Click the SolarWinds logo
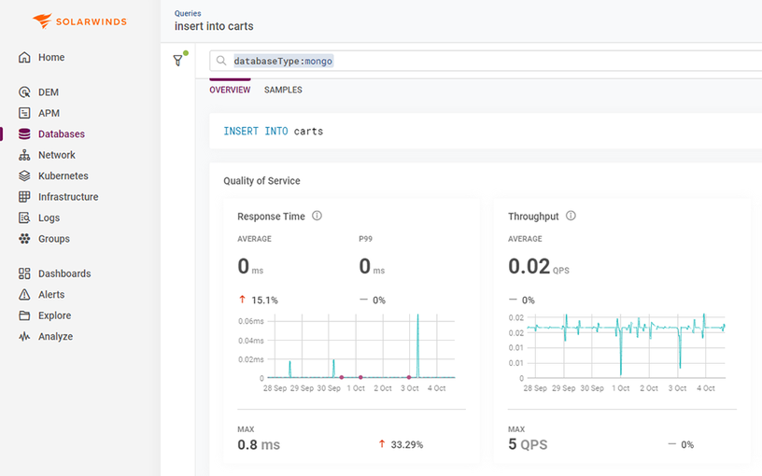click(79, 21)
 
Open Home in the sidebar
click(50, 57)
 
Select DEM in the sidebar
click(48, 92)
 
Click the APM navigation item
click(49, 113)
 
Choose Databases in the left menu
click(61, 134)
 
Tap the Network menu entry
click(56, 155)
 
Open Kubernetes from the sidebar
click(63, 175)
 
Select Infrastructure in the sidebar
click(67, 197)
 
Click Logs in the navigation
click(49, 217)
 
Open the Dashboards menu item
click(63, 273)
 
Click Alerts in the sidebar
click(51, 295)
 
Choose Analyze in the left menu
click(55, 337)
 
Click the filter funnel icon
click(177, 61)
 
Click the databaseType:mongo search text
click(283, 61)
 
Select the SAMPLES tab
click(283, 91)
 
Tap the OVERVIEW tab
click(230, 91)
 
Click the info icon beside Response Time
click(317, 216)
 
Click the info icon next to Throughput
click(571, 216)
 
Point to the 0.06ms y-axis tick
click(250, 321)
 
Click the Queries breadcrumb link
click(188, 14)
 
